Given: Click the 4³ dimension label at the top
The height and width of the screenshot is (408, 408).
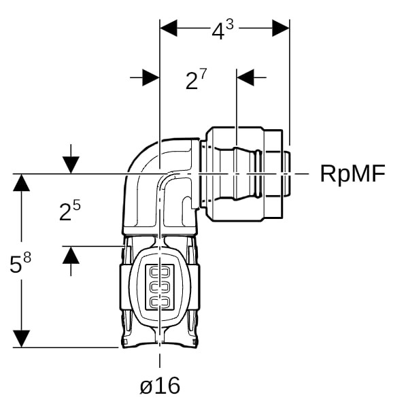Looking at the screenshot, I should tap(224, 29).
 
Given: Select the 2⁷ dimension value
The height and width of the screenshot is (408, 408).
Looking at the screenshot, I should tap(196, 80).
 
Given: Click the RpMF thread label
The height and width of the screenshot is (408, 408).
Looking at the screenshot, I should tap(352, 174).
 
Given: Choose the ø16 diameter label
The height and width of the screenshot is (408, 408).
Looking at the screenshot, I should tap(160, 386).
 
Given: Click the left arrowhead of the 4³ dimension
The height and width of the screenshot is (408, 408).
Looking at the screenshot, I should tap(168, 28).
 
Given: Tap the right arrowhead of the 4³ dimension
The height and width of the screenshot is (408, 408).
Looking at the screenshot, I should tap(281, 28).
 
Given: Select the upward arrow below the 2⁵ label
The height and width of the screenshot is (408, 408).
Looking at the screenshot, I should tap(71, 255).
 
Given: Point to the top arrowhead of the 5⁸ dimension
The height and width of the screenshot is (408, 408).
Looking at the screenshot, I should tap(22, 182).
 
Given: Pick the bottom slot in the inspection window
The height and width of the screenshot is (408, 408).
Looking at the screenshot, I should tap(160, 301).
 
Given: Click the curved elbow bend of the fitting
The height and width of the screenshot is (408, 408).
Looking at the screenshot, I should tap(146, 170).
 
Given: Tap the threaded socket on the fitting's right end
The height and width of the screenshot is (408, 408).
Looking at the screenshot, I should tap(248, 174).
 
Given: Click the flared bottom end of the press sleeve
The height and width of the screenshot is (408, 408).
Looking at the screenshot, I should tap(160, 339).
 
